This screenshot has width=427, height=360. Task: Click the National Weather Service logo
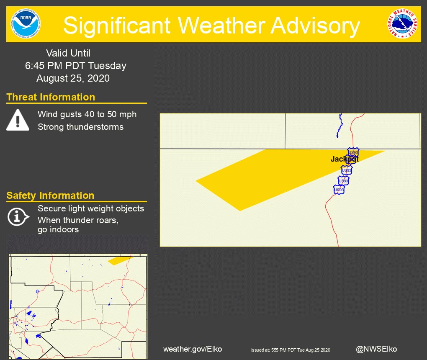(x=402, y=24)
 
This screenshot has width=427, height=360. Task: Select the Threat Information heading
(x=51, y=97)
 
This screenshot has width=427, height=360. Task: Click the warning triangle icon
(x=18, y=120)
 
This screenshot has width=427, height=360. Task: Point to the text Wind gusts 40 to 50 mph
(x=87, y=114)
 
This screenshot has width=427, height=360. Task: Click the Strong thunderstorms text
(x=80, y=127)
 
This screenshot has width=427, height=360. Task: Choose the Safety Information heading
(x=50, y=195)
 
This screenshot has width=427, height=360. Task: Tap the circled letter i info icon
(x=18, y=216)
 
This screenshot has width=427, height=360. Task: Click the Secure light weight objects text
(x=91, y=208)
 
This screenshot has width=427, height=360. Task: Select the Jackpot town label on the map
(x=344, y=159)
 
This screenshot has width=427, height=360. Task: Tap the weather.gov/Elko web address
(x=193, y=349)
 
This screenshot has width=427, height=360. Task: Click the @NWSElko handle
(x=376, y=349)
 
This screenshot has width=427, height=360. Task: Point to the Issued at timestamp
(x=291, y=350)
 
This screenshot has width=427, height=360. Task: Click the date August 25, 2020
(x=73, y=78)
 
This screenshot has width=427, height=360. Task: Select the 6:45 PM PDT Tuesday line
(x=75, y=66)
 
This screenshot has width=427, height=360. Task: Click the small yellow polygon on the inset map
(x=119, y=261)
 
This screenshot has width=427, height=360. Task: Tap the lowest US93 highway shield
(x=339, y=190)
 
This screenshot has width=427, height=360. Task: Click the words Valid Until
(x=68, y=53)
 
